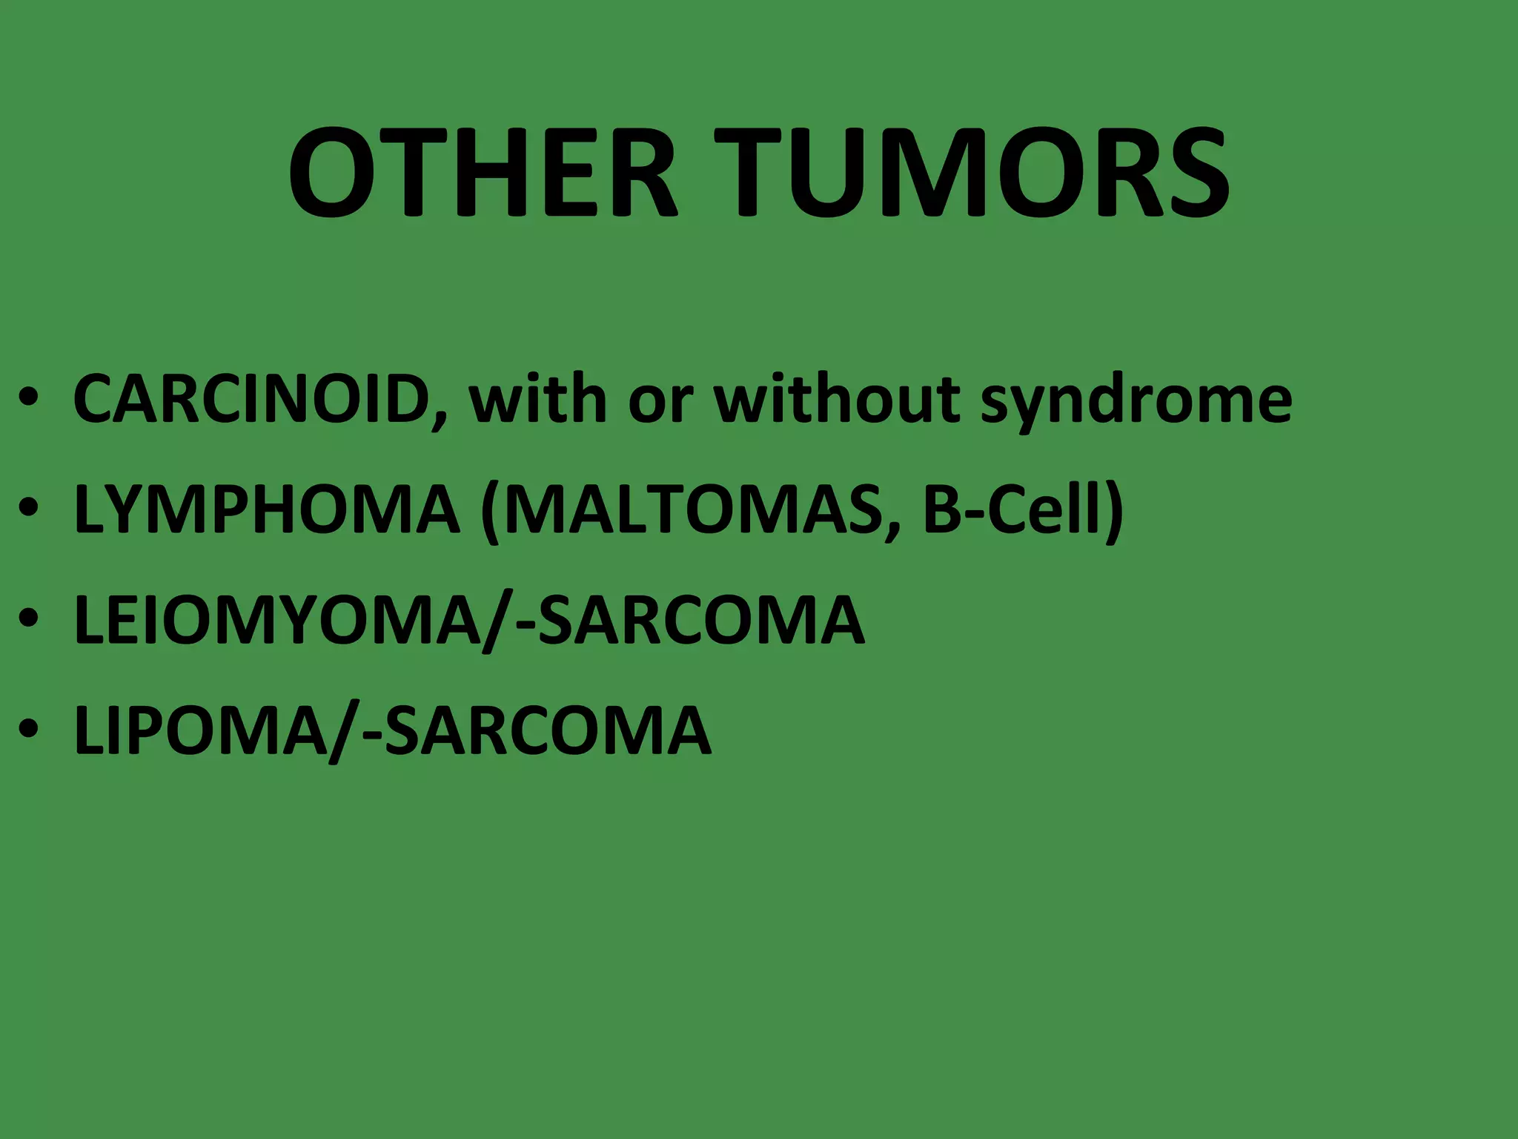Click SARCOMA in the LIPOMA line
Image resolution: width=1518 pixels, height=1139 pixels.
tap(548, 730)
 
